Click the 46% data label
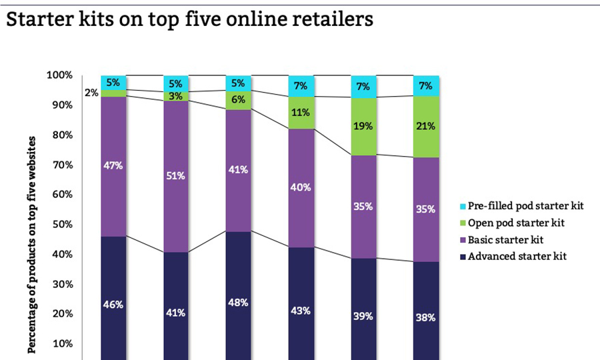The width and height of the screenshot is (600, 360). click(x=113, y=305)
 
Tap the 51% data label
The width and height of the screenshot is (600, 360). click(x=176, y=176)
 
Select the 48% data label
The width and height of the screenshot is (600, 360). click(x=238, y=302)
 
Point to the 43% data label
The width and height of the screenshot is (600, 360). click(x=301, y=311)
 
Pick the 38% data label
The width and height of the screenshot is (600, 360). click(x=426, y=317)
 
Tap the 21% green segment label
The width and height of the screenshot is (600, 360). click(x=426, y=126)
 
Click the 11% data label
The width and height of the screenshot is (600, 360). click(x=301, y=113)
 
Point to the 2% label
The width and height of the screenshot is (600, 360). click(x=91, y=93)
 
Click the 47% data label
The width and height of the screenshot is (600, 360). click(x=113, y=165)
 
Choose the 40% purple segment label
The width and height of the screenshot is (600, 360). click(x=301, y=187)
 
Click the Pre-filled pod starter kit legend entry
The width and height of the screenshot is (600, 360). click(x=526, y=206)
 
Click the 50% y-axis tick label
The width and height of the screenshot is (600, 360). click(x=62, y=225)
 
